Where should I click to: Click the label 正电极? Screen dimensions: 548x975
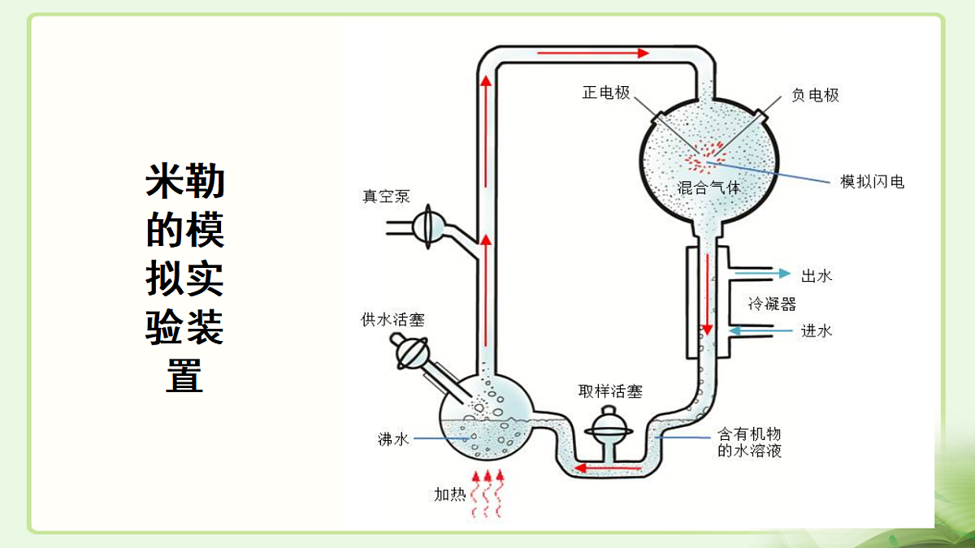click(606, 93)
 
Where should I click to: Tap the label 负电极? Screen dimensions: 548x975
click(815, 96)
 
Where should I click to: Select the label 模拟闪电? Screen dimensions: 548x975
click(872, 182)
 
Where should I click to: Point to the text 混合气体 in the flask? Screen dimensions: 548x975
click(709, 188)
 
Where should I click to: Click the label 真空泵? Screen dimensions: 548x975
click(387, 196)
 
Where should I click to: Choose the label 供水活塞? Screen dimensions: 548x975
click(392, 320)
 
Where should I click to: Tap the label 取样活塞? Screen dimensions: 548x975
click(610, 391)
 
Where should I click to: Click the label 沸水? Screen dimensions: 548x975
click(393, 439)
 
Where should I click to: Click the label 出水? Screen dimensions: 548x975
click(816, 276)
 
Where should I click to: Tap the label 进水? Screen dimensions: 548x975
click(816, 331)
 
